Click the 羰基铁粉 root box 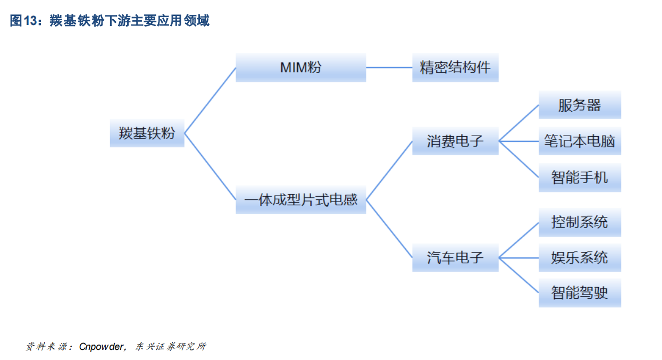click(147, 133)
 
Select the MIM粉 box click(300, 68)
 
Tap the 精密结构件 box click(455, 68)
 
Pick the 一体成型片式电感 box click(300, 200)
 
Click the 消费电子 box click(455, 141)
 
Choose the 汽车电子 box click(455, 258)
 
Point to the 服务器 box click(580, 105)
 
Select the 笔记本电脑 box click(580, 141)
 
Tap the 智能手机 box click(580, 178)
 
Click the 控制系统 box click(580, 222)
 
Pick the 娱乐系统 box click(580, 258)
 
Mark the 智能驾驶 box click(580, 292)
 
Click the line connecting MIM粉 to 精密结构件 click(389, 68)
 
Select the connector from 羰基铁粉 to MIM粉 click(210, 100)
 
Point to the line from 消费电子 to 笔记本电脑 click(518, 141)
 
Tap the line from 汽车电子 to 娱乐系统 click(518, 258)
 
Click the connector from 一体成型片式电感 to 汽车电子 click(389, 229)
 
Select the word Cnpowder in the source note click(102, 347)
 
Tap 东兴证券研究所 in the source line click(170, 347)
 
